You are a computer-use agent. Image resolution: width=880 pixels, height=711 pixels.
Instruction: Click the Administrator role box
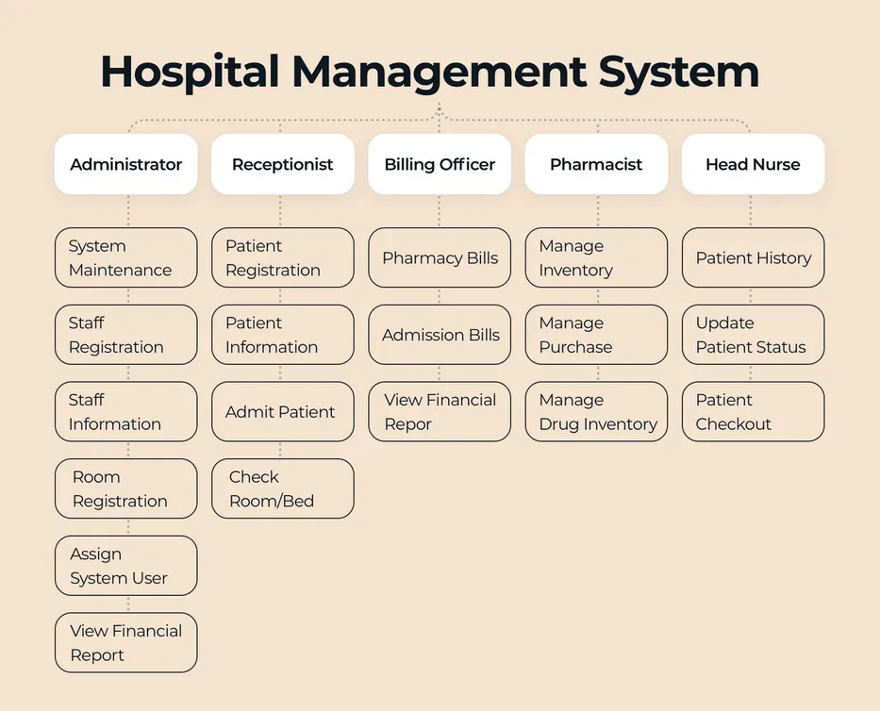[126, 164]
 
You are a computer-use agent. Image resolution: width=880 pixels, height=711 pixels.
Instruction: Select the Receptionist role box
[283, 164]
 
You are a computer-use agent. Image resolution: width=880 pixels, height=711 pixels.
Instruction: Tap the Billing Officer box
[440, 164]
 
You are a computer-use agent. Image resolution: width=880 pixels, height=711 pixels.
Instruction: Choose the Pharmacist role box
[596, 164]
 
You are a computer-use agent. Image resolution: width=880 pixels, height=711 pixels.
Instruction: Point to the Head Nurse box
[753, 164]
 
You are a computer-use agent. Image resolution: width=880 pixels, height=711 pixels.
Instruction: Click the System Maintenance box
[126, 257]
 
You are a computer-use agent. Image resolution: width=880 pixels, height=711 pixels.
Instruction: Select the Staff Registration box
[126, 335]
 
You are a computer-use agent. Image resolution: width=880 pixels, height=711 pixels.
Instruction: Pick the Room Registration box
[126, 488]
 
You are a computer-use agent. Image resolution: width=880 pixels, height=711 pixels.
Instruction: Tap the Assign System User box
[126, 566]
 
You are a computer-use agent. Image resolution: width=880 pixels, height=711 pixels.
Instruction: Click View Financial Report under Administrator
[126, 643]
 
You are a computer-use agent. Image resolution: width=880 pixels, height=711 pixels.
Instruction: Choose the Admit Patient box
[283, 412]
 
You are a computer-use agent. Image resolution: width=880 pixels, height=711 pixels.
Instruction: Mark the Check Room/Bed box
[283, 488]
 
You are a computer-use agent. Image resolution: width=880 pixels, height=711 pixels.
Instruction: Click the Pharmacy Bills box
[440, 257]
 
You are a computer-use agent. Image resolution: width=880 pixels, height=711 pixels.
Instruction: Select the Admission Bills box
[440, 335]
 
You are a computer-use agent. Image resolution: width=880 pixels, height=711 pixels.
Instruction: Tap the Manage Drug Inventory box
[596, 412]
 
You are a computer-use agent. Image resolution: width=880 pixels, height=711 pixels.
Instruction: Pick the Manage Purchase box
[596, 335]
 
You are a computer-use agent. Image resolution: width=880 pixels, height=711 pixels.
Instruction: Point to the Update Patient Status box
[753, 335]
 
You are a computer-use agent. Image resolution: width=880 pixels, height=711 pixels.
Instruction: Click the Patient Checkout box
[753, 412]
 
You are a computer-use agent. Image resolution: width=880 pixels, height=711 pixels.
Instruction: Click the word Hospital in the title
[189, 73]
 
